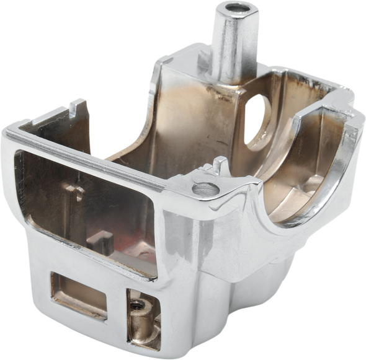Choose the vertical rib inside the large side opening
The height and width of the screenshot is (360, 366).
coord(78,198)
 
